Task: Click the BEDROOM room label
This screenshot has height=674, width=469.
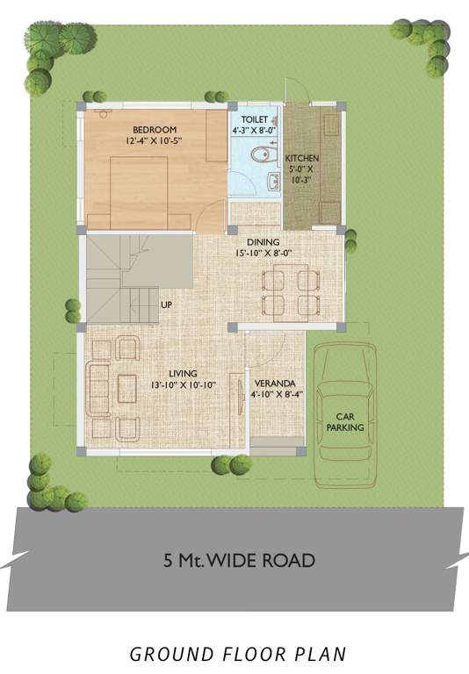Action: pyautogui.click(x=141, y=129)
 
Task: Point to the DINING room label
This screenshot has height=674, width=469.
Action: pyautogui.click(x=263, y=242)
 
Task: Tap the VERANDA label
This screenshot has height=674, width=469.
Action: pyautogui.click(x=274, y=384)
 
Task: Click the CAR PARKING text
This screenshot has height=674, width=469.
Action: pyautogui.click(x=345, y=422)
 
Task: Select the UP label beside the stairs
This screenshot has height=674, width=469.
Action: pyautogui.click(x=166, y=305)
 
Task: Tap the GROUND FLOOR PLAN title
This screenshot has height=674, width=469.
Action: pyautogui.click(x=238, y=654)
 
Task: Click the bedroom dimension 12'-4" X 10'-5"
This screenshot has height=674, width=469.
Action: pyautogui.click(x=153, y=140)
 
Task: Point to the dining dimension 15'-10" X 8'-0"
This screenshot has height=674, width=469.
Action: pyautogui.click(x=263, y=254)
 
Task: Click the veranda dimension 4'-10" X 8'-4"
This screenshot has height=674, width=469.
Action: pyautogui.click(x=274, y=395)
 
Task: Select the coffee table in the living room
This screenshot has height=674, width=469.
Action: pyautogui.click(x=126, y=387)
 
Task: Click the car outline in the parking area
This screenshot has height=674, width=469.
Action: pyautogui.click(x=345, y=412)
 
